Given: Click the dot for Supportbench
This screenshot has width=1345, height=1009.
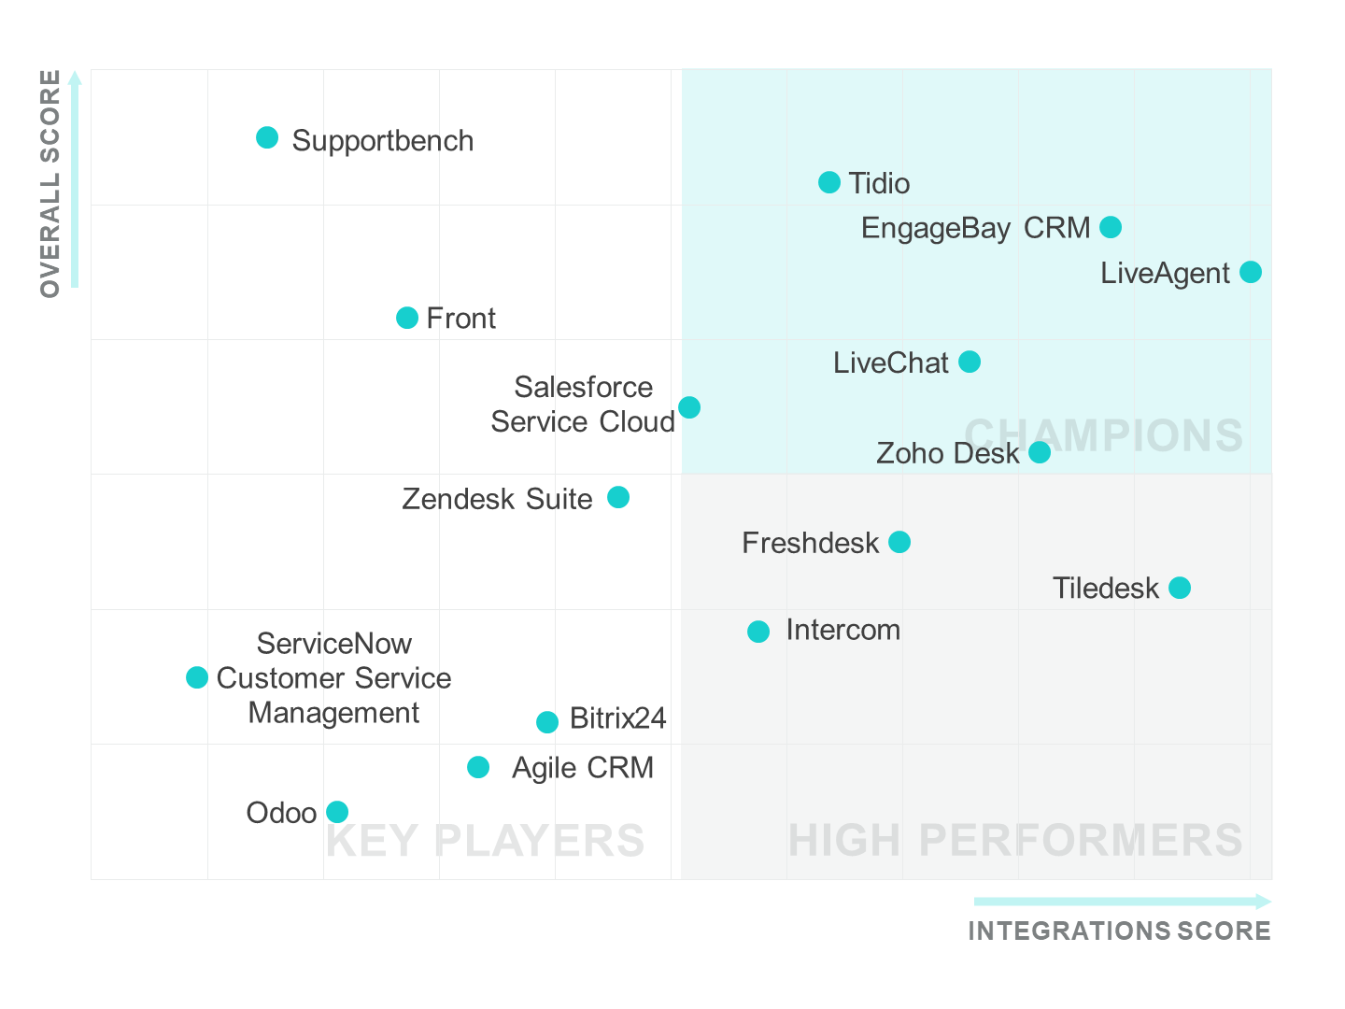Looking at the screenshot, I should [x=267, y=138].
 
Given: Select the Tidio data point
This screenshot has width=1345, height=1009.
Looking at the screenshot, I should [x=829, y=182].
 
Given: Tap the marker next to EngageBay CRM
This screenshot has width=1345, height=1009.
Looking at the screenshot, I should [x=1111, y=227].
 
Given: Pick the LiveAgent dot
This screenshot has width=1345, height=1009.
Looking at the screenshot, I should [x=1251, y=272].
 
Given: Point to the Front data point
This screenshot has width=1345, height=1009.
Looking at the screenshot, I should [x=407, y=318].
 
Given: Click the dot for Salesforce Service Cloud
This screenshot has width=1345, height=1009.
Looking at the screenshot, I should [x=689, y=407].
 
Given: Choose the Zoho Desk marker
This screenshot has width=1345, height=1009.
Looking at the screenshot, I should [x=1040, y=452].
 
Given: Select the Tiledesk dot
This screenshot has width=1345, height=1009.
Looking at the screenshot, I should [x=1180, y=588].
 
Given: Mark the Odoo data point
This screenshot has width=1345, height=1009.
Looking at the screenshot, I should [x=337, y=812].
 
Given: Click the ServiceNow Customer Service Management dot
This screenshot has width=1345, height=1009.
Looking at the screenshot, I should [x=197, y=677].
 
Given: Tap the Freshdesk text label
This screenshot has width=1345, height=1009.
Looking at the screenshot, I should [x=810, y=543].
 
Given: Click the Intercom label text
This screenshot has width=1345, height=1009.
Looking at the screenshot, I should [x=842, y=631].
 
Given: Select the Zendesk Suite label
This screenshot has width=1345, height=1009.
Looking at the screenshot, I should [x=497, y=499].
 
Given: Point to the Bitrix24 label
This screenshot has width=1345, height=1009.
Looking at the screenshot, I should [x=617, y=718].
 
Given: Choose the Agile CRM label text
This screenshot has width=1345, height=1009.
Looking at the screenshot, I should [x=583, y=768].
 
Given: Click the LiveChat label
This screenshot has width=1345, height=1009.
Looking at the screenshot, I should [x=890, y=362].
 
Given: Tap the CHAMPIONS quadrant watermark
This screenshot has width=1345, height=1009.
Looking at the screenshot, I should [x=1103, y=435].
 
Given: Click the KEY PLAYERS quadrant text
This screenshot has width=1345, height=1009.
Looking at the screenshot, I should [x=485, y=841].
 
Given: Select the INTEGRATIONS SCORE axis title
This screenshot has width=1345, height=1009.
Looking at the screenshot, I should [x=1119, y=931].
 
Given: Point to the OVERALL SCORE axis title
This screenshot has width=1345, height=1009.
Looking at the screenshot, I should [x=50, y=183].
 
